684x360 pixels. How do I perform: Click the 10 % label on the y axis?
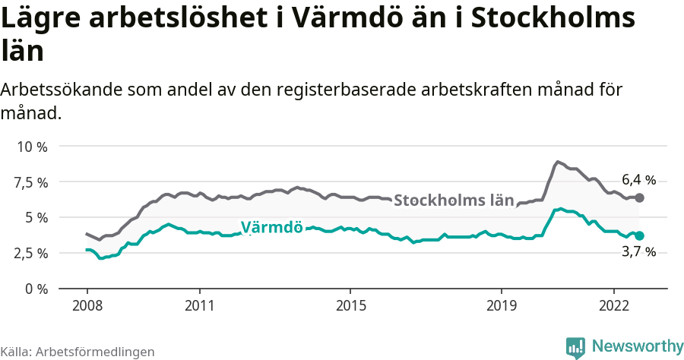pyautogui.click(x=31, y=147)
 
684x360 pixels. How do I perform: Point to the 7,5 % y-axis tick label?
pyautogui.click(x=31, y=182)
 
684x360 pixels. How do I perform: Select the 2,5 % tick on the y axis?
pyautogui.click(x=31, y=253)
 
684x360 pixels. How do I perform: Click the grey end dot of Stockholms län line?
pyautogui.click(x=639, y=197)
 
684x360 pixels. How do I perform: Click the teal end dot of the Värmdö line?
pyautogui.click(x=639, y=236)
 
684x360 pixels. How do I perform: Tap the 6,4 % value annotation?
pyautogui.click(x=638, y=180)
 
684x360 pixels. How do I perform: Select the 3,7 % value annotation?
pyautogui.click(x=638, y=252)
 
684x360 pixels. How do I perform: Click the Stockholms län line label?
pyautogui.click(x=454, y=201)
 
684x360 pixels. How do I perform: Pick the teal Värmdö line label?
pyautogui.click(x=271, y=227)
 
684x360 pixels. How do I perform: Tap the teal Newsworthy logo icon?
pyautogui.click(x=575, y=347)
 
